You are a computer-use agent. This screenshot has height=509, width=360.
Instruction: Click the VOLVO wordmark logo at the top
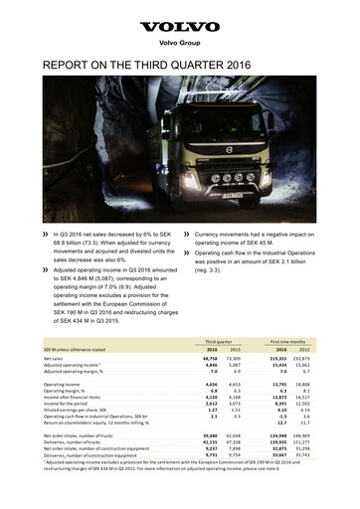click(179, 28)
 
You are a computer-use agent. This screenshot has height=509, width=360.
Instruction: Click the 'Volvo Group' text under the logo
click(179, 44)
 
